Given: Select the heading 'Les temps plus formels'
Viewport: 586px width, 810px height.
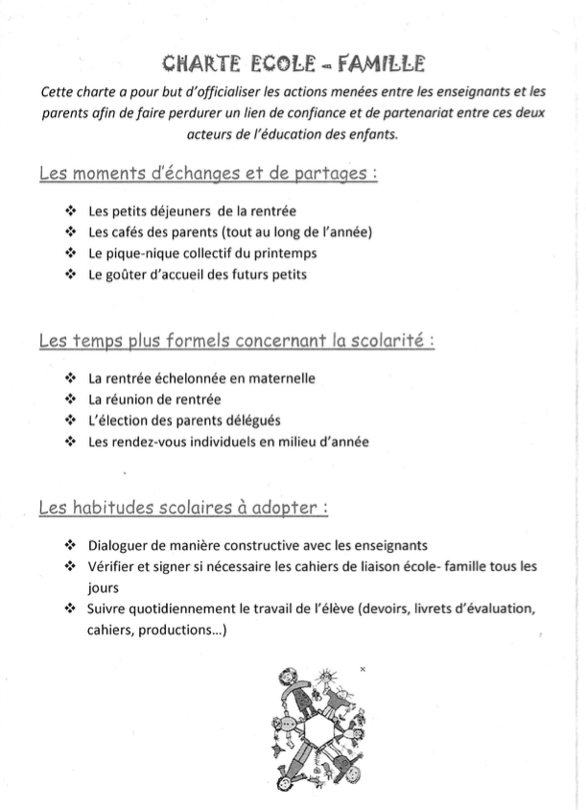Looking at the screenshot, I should (x=237, y=341).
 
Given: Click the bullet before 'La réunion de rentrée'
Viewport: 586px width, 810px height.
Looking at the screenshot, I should (x=69, y=399).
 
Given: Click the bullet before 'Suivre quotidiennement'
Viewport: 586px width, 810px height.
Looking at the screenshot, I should (x=69, y=609).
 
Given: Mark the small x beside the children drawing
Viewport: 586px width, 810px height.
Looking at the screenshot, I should (x=363, y=667).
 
